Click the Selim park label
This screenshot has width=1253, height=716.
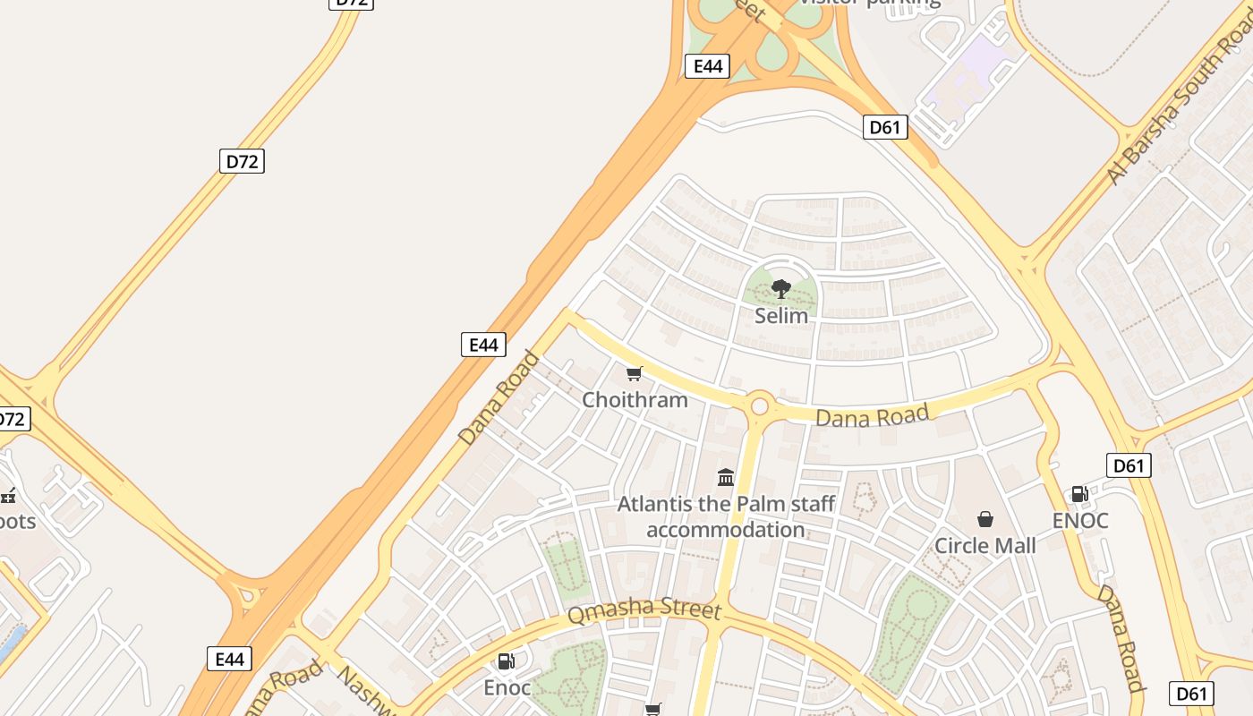[781, 316]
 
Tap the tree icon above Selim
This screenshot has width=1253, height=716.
[781, 288]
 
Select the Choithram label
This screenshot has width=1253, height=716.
[635, 399]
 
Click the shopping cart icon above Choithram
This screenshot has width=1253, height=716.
[635, 373]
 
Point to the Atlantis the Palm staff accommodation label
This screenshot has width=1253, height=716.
[726, 516]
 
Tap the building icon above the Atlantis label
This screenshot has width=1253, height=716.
[726, 477]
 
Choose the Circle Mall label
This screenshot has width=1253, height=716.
[984, 545]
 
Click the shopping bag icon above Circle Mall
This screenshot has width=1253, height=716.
[985, 519]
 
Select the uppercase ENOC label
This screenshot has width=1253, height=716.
[1080, 520]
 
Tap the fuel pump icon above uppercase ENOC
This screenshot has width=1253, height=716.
[1080, 494]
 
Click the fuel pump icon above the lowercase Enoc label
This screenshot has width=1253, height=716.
[506, 661]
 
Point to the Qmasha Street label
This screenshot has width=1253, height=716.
[644, 612]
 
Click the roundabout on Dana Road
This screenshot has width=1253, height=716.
[760, 406]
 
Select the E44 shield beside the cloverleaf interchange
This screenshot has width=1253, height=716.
[707, 65]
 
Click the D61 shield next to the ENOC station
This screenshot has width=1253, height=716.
[1129, 465]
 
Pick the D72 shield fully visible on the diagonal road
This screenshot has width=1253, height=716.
[242, 161]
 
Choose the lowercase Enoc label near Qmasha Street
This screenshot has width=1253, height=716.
[507, 687]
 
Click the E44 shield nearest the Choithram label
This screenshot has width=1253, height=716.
[483, 345]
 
